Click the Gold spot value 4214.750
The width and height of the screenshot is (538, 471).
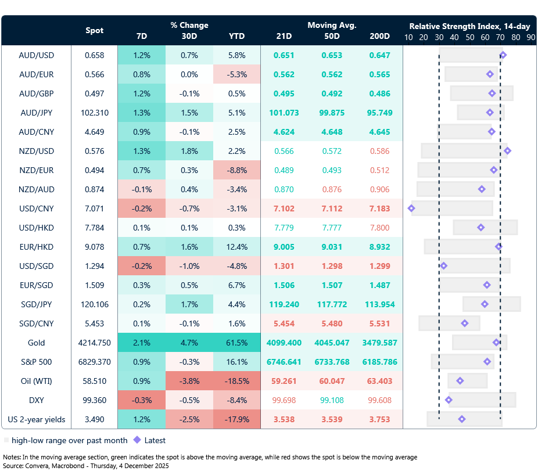click(94, 343)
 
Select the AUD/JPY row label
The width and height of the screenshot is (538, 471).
click(36, 113)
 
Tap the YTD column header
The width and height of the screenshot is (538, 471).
click(236, 36)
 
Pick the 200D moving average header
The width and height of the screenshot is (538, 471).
click(379, 36)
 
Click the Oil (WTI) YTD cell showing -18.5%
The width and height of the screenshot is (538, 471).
click(236, 381)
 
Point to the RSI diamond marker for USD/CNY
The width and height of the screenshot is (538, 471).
click(411, 208)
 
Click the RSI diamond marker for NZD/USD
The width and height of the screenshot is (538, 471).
click(507, 151)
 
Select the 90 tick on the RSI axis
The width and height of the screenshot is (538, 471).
click(530, 37)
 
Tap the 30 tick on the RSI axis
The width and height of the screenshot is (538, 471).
click(439, 37)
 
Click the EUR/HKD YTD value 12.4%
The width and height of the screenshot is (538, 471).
click(236, 247)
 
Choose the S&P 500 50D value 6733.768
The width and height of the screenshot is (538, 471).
click(332, 362)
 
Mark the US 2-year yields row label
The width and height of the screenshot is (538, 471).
click(36, 419)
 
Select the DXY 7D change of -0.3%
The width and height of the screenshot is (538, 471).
click(141, 400)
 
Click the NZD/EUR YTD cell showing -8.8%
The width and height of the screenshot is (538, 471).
click(236, 170)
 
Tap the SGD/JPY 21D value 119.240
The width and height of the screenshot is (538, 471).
click(284, 304)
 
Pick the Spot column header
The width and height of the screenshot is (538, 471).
click(94, 30)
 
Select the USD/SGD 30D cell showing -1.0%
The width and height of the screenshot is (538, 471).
click(189, 266)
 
